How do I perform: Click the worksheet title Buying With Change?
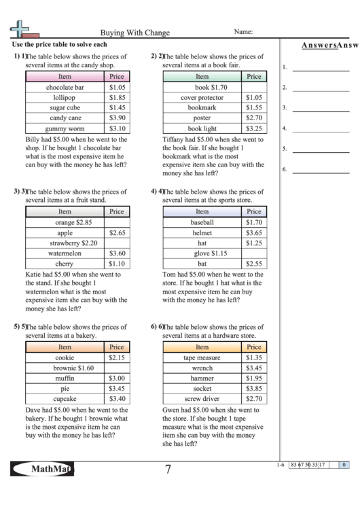[x=135, y=32]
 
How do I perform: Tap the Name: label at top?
[x=244, y=31]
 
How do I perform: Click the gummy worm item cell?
[x=65, y=128]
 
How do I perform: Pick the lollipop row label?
[x=65, y=98]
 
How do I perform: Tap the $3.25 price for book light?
[x=254, y=128]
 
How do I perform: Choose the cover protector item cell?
[x=202, y=98]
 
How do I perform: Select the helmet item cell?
[x=202, y=232]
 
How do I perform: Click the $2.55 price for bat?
[x=254, y=264]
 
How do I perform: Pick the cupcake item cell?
[x=65, y=399]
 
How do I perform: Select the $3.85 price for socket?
[x=254, y=388]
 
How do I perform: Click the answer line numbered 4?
[x=320, y=129]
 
